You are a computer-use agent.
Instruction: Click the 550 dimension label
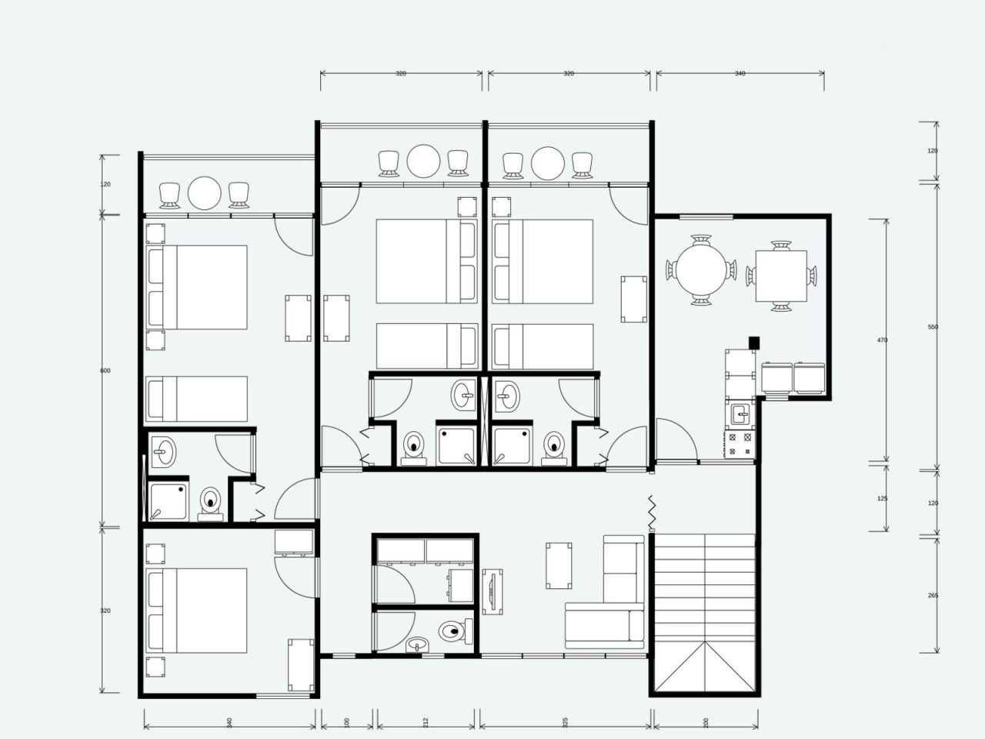933,327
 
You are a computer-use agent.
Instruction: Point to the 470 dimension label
883,339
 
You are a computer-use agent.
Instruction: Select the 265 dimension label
933,595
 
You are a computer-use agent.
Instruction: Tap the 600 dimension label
105,371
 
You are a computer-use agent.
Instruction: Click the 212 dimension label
426,723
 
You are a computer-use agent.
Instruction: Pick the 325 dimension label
566,723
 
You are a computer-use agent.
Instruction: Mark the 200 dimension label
706,723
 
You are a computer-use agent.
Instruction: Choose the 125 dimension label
883,499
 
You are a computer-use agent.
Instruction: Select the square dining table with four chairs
781,276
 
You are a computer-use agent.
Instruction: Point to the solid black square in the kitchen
755,343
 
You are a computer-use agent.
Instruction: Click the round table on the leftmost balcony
205,193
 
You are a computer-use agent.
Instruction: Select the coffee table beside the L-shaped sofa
559,565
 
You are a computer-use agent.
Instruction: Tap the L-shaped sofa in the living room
616,600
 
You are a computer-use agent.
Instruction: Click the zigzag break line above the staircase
652,513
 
